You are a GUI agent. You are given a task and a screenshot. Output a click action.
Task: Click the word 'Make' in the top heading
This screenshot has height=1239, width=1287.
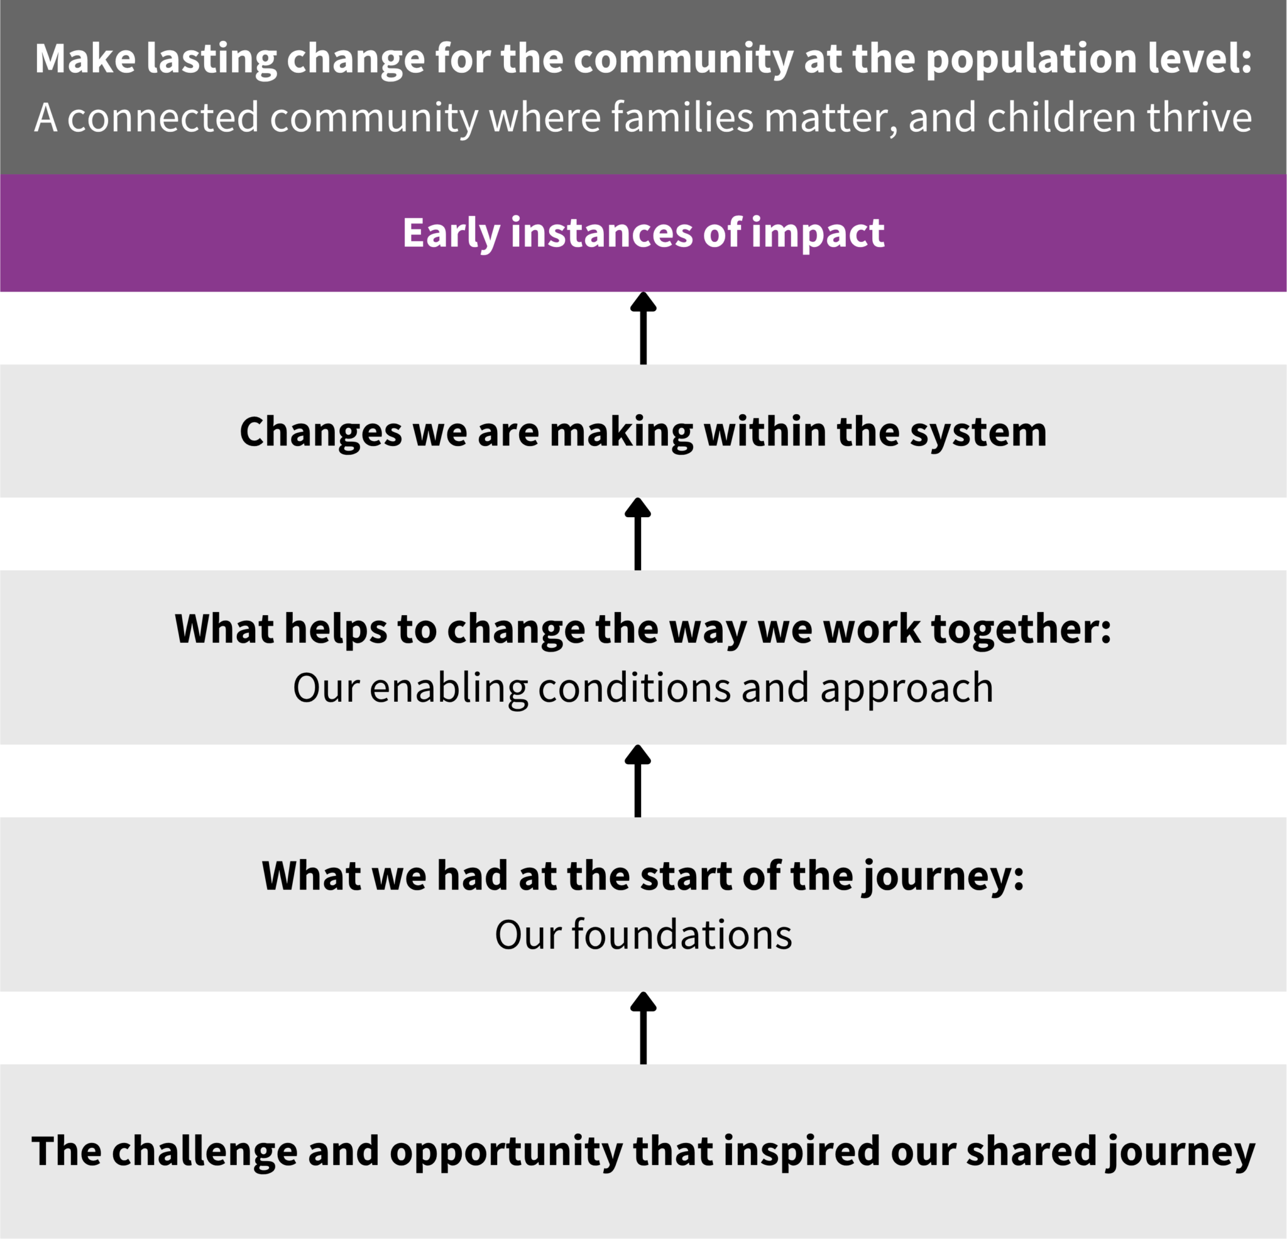click(85, 58)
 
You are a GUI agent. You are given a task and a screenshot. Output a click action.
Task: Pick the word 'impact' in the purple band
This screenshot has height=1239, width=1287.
click(817, 233)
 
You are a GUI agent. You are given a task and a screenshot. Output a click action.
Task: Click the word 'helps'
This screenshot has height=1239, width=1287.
click(336, 629)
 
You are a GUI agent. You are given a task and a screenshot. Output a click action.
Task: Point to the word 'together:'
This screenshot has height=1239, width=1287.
click(1021, 629)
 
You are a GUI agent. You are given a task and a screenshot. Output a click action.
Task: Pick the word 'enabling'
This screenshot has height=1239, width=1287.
click(449, 688)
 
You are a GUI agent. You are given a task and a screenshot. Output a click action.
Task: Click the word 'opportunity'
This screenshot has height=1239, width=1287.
click(506, 1152)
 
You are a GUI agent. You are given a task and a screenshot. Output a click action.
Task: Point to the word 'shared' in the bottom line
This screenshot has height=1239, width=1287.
click(1030, 1152)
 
